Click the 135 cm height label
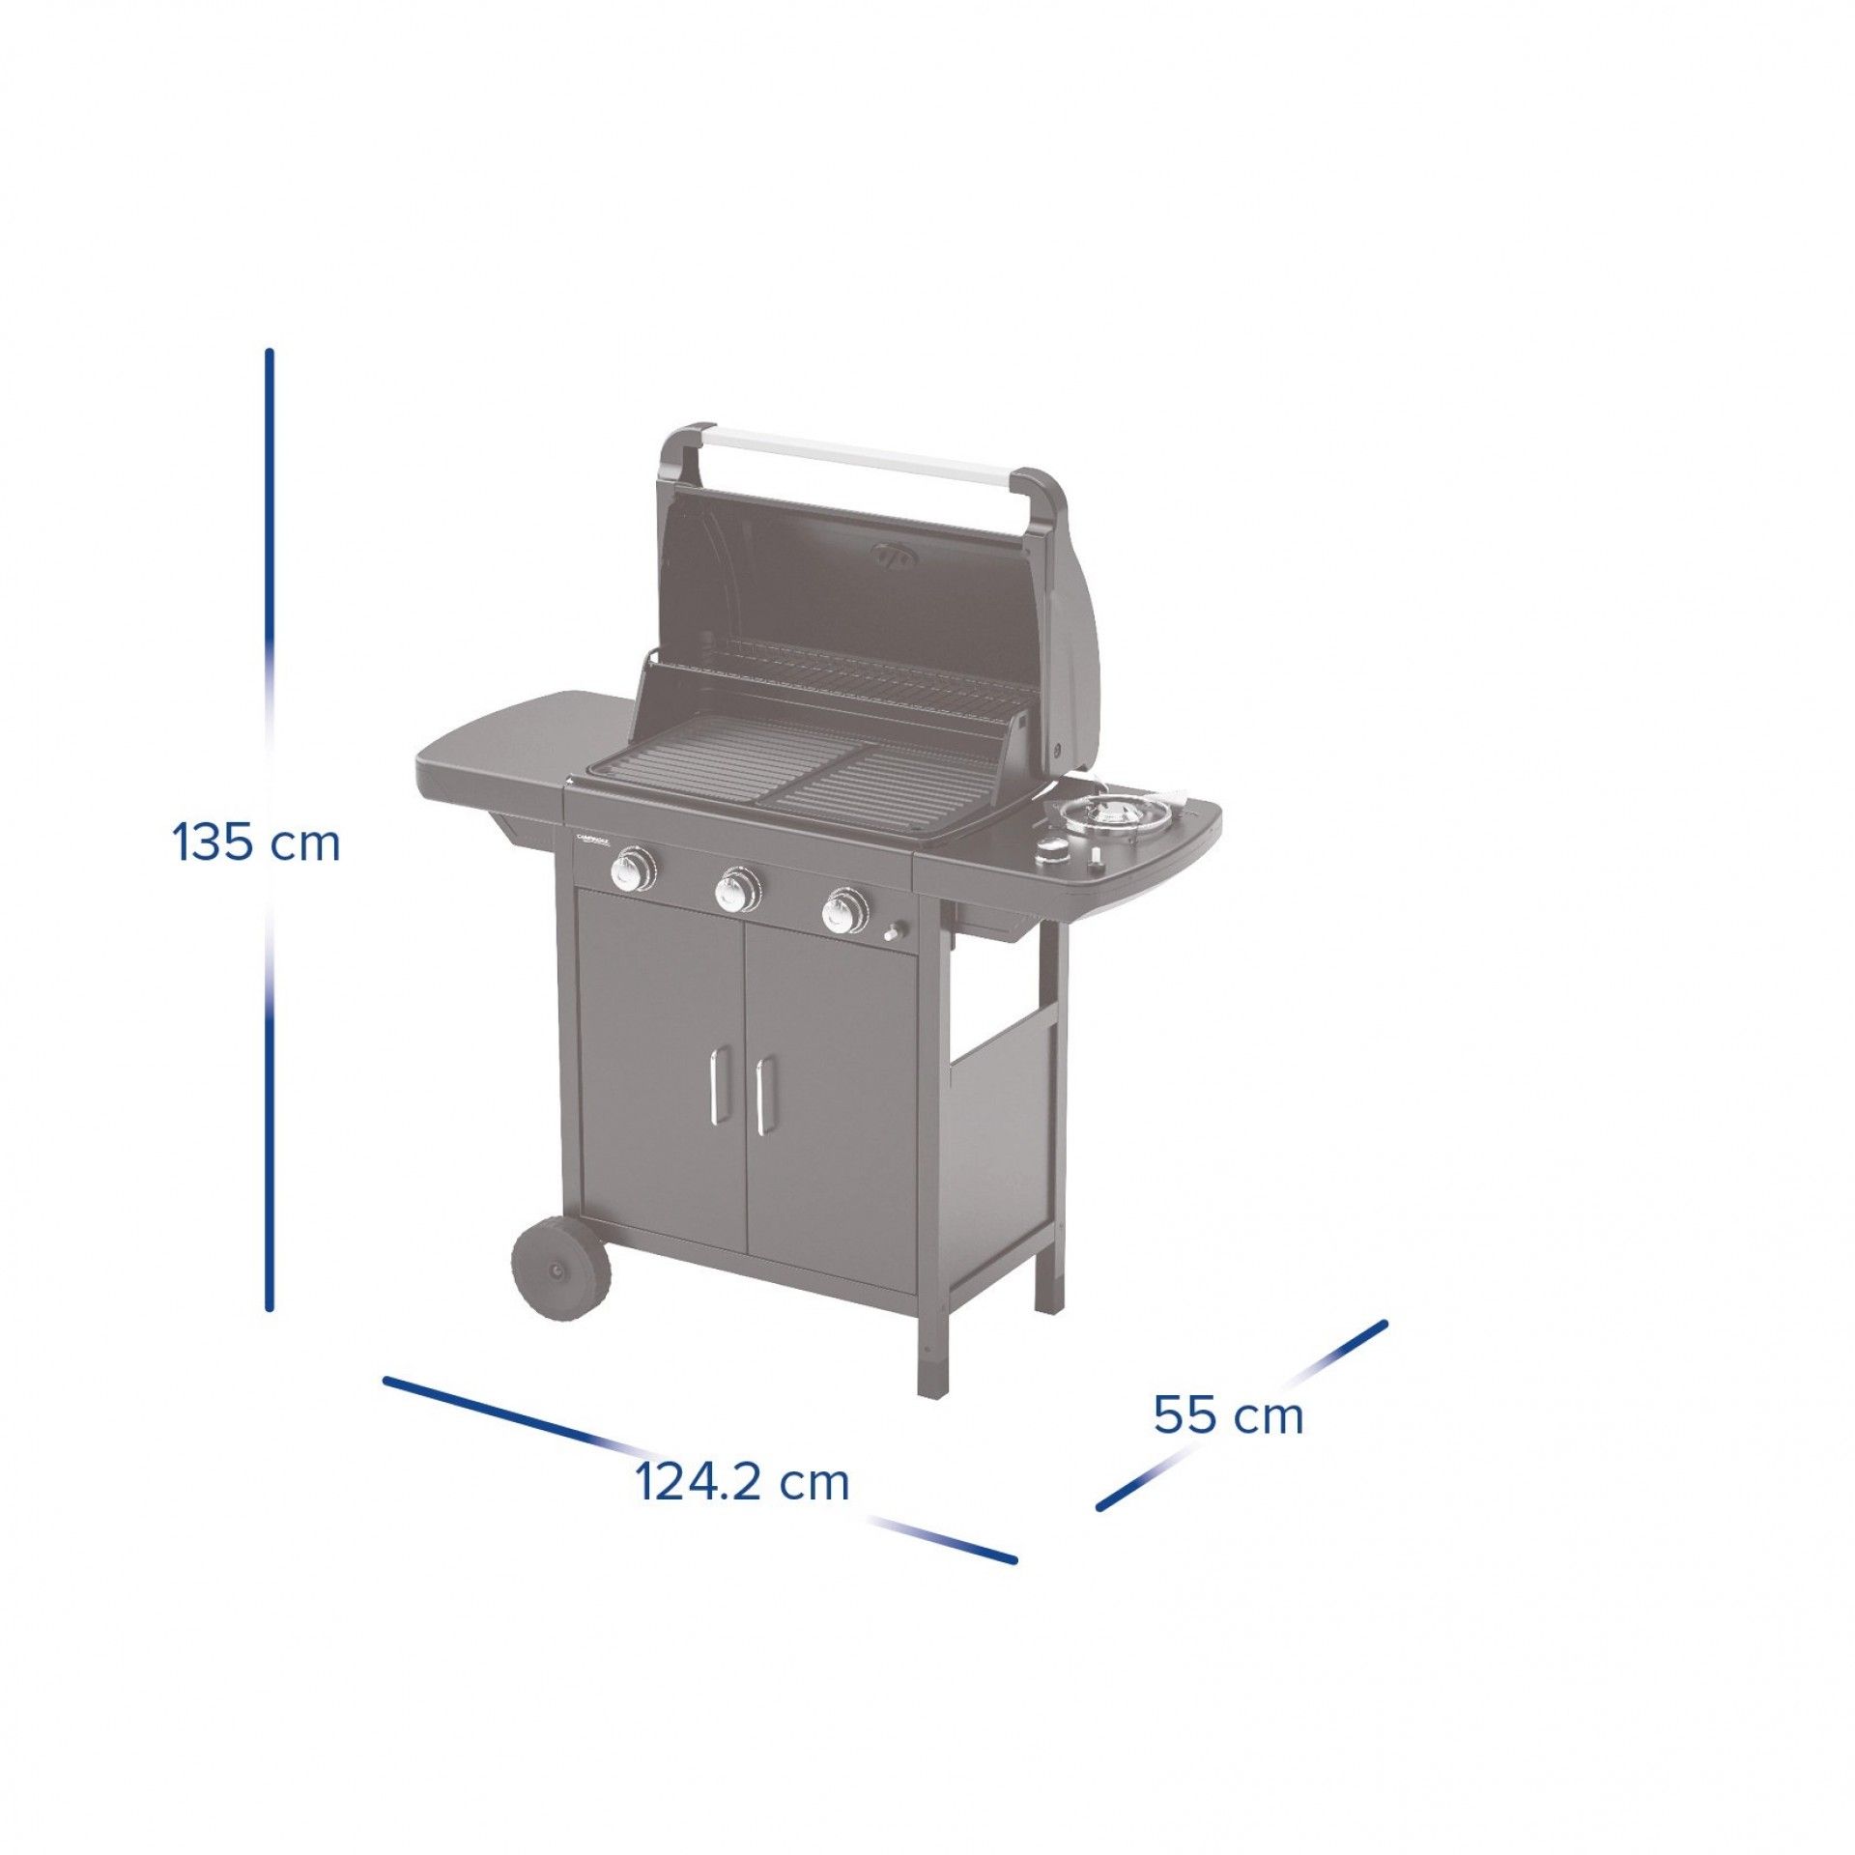point(257,842)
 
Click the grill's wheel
point(559,1271)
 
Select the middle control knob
point(738,890)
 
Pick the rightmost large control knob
point(844,910)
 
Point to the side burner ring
point(1107,817)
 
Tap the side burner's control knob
point(1052,850)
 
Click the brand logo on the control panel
point(592,840)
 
